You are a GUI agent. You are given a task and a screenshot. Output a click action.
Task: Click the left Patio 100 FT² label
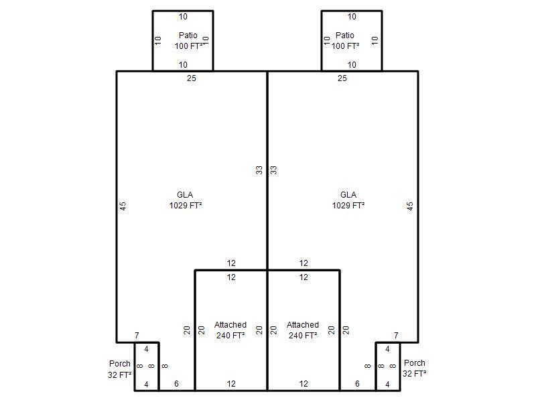pos(189,41)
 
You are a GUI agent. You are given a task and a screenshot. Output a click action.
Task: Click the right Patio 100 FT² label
pos(345,41)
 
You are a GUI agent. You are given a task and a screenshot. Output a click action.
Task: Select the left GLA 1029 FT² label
pos(186,200)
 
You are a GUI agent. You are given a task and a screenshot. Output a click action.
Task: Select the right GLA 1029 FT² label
pos(348,200)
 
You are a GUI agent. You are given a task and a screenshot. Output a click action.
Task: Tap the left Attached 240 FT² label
pos(230,330)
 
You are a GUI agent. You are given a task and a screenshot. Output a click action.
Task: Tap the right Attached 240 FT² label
pos(303,330)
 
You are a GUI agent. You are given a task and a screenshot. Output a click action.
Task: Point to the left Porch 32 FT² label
pos(120,369)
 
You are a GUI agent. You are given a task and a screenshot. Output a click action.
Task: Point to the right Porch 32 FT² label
pos(414,368)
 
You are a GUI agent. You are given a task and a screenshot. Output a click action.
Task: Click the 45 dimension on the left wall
pos(123,206)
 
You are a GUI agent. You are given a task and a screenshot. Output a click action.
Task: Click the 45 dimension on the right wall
pos(410,206)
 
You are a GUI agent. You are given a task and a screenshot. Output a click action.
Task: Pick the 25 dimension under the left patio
pos(192,78)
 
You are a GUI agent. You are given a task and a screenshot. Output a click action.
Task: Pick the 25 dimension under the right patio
pos(342,78)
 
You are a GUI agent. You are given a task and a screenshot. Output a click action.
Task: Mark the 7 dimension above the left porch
pos(137,336)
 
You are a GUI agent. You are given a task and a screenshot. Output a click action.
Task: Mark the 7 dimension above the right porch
pos(396,336)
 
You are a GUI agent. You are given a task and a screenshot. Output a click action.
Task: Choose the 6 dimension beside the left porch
pos(176,383)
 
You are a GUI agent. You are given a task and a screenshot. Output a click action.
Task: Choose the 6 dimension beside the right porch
pos(357,383)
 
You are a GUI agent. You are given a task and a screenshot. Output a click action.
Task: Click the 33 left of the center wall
pos(259,170)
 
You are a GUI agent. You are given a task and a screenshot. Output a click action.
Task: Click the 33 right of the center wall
pos(273,170)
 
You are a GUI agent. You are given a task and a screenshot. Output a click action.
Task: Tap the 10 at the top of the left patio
pos(183,16)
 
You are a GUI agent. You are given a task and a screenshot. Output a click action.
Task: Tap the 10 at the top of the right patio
pos(352,16)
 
